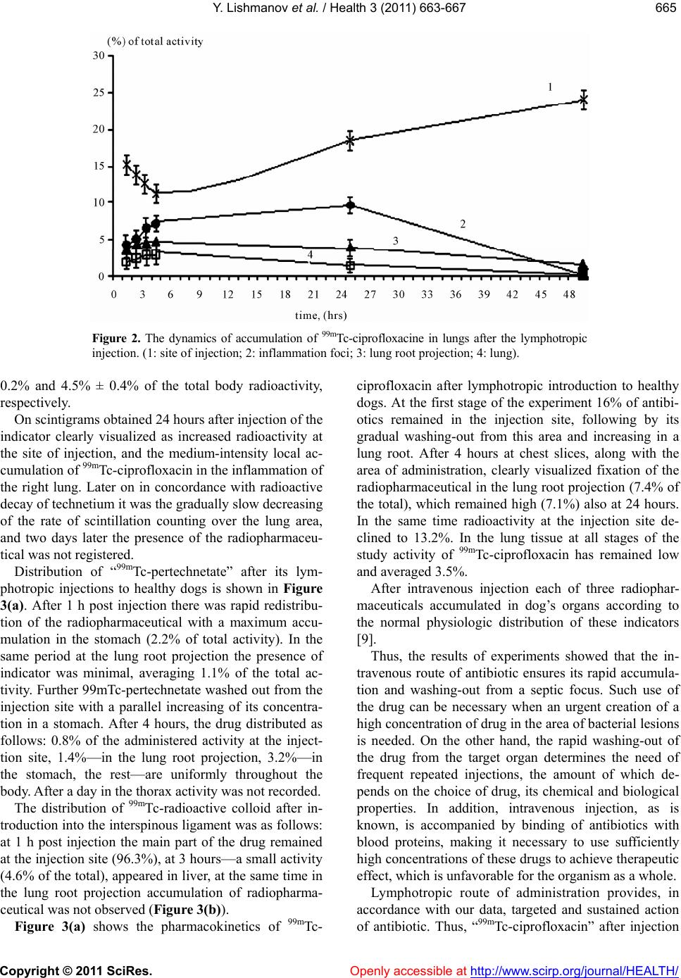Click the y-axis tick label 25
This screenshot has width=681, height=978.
(99, 92)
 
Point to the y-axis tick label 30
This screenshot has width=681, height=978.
(99, 56)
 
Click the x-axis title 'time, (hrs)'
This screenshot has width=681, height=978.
(320, 314)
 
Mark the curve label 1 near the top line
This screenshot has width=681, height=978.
(550, 87)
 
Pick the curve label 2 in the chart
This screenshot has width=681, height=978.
(463, 224)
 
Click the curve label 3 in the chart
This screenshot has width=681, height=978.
(396, 241)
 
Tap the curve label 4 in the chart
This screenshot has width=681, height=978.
(310, 253)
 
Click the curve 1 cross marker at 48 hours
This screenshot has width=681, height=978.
(583, 100)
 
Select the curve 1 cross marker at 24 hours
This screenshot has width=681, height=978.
(350, 140)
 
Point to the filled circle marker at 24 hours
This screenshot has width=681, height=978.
(350, 205)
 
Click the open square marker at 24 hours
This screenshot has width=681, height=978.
(350, 265)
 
